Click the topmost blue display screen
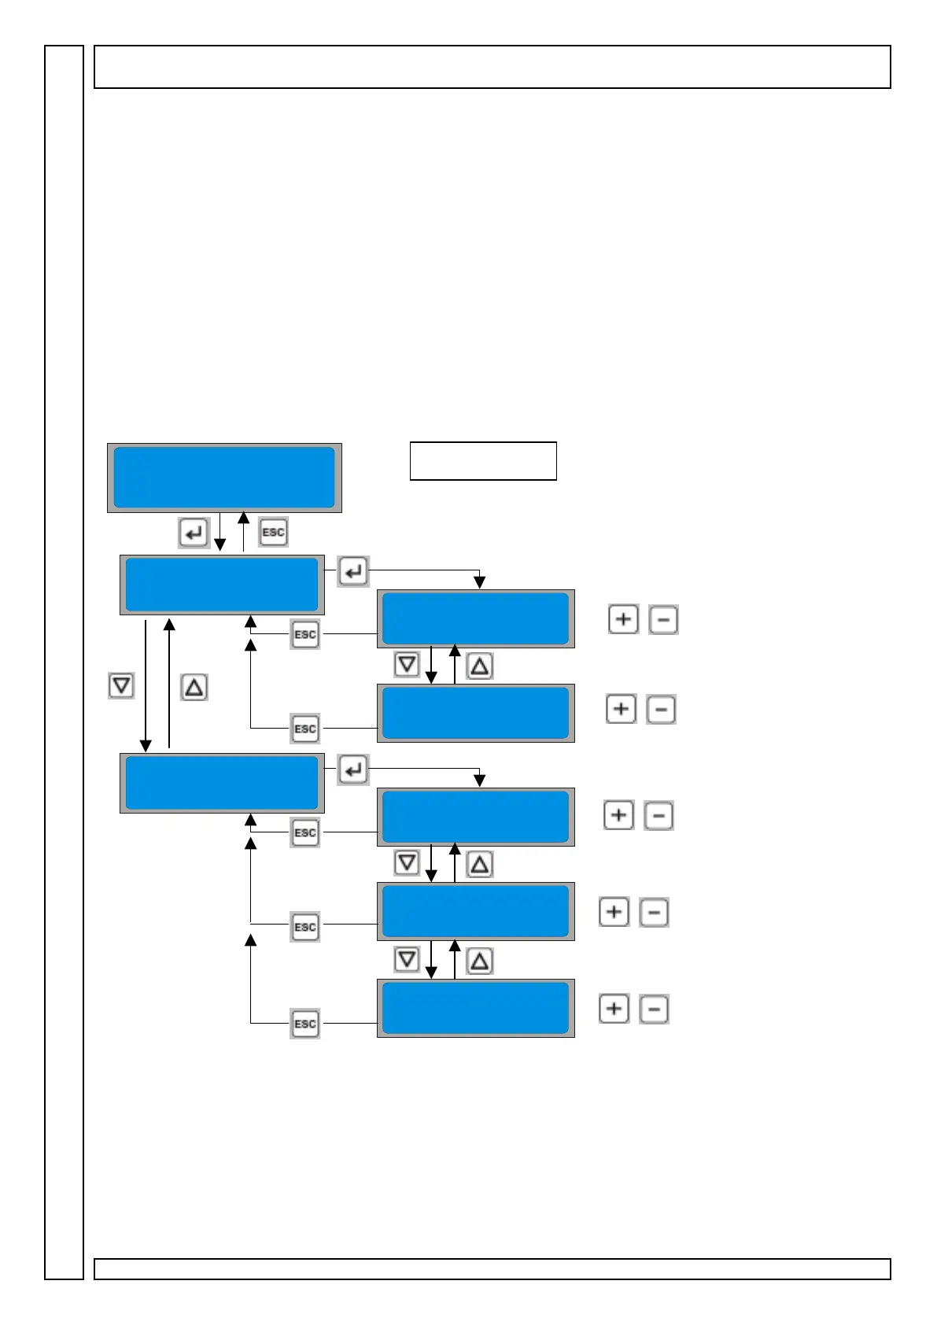[224, 478]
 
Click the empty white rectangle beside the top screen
[483, 461]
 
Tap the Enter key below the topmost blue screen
[193, 533]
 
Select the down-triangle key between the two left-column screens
[121, 686]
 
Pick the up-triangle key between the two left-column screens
[194, 688]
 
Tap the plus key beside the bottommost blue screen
[614, 1009]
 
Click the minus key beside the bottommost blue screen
[654, 1009]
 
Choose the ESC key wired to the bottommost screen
[304, 1024]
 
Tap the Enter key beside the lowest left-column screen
[353, 770]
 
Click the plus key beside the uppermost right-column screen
[623, 620]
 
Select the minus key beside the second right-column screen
[661, 710]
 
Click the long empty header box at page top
[492, 67]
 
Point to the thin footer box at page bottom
[492, 1269]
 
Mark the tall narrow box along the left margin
[64, 661]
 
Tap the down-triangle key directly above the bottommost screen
[407, 960]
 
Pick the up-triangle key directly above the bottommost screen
[480, 961]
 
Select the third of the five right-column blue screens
[475, 817]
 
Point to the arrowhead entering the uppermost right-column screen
[479, 583]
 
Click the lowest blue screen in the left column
[222, 783]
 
